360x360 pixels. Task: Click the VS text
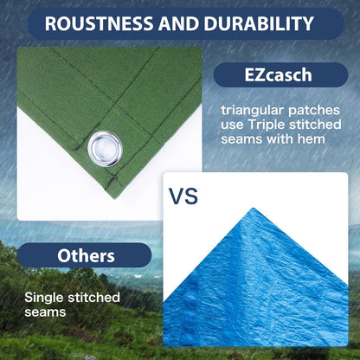point(183,196)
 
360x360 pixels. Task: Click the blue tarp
point(260,277)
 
